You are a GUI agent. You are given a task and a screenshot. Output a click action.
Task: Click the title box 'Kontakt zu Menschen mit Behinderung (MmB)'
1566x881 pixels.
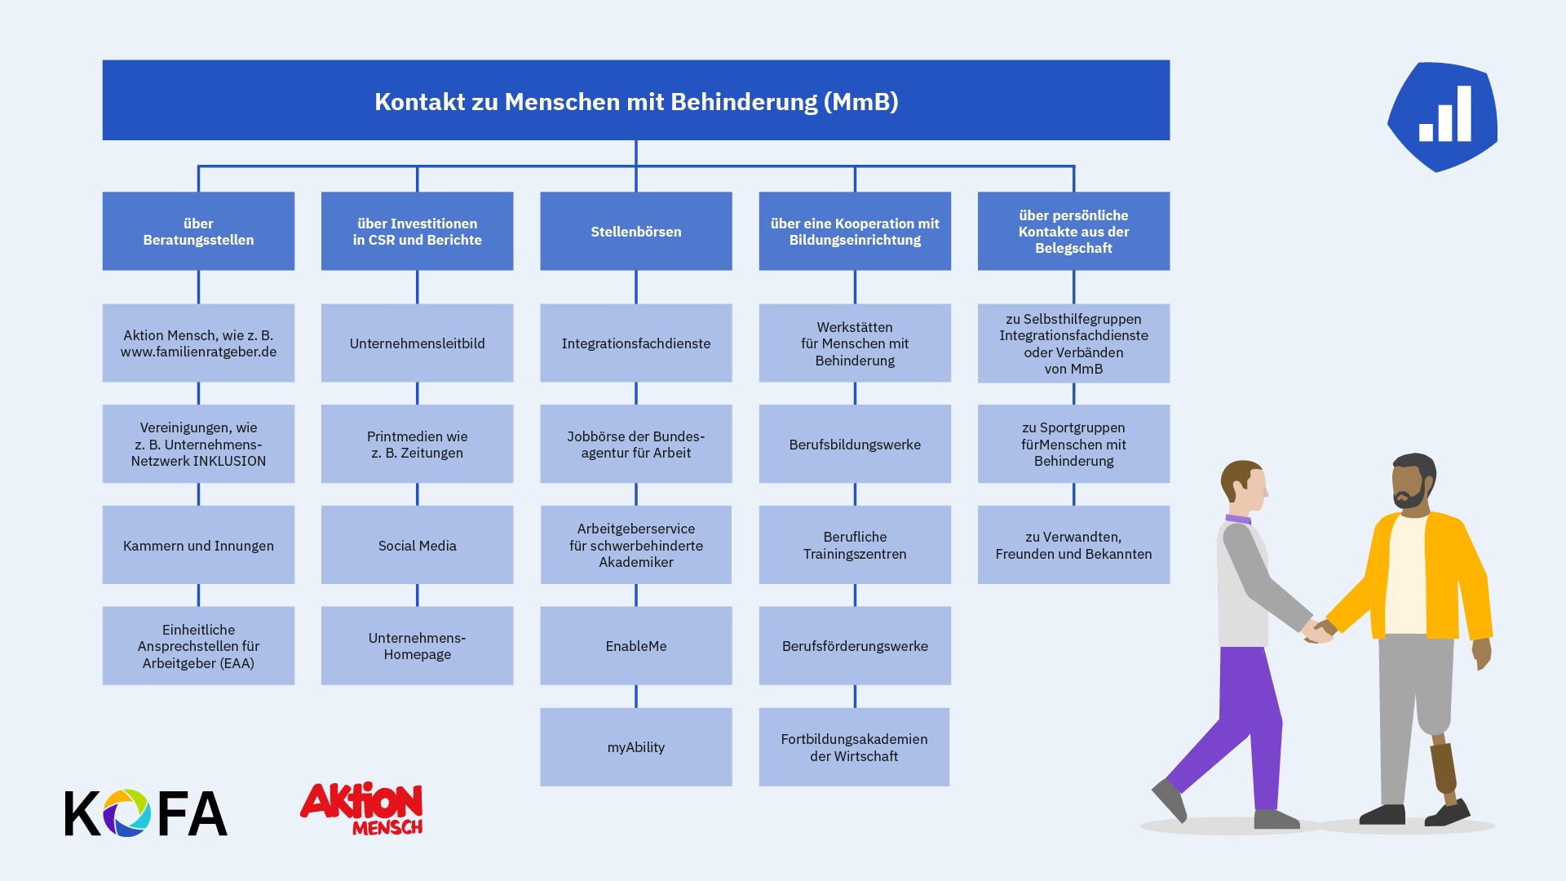636,100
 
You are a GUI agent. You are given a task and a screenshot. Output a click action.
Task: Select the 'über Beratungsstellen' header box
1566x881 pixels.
198,231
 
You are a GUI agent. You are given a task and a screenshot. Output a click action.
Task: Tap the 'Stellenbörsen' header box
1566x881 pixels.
636,231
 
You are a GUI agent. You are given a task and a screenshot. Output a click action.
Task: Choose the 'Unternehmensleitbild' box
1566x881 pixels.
417,343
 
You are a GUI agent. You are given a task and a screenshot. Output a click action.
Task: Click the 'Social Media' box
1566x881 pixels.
417,545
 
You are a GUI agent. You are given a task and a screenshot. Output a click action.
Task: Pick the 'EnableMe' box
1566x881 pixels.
636,645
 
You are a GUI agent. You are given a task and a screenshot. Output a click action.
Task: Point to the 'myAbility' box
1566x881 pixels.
636,747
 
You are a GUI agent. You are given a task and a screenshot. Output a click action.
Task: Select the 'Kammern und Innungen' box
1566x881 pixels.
198,545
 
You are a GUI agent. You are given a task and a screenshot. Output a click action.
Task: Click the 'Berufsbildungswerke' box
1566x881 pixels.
855,444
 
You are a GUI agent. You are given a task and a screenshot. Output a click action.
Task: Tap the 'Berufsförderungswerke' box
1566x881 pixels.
855,645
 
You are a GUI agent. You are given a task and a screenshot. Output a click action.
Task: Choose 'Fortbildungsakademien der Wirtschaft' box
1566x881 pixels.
854,747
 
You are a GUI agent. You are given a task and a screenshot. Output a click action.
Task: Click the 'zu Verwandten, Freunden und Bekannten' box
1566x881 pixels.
1073,545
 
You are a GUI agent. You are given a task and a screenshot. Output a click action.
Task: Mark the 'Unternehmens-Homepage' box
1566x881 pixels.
417,645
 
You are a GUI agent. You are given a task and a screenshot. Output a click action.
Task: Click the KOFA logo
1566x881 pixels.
146,812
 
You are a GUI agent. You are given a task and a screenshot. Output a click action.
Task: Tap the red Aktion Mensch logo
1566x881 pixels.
361,808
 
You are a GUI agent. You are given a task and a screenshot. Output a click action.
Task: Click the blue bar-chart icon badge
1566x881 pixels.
1443,117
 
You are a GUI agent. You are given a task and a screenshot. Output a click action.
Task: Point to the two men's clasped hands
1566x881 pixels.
1320,631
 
